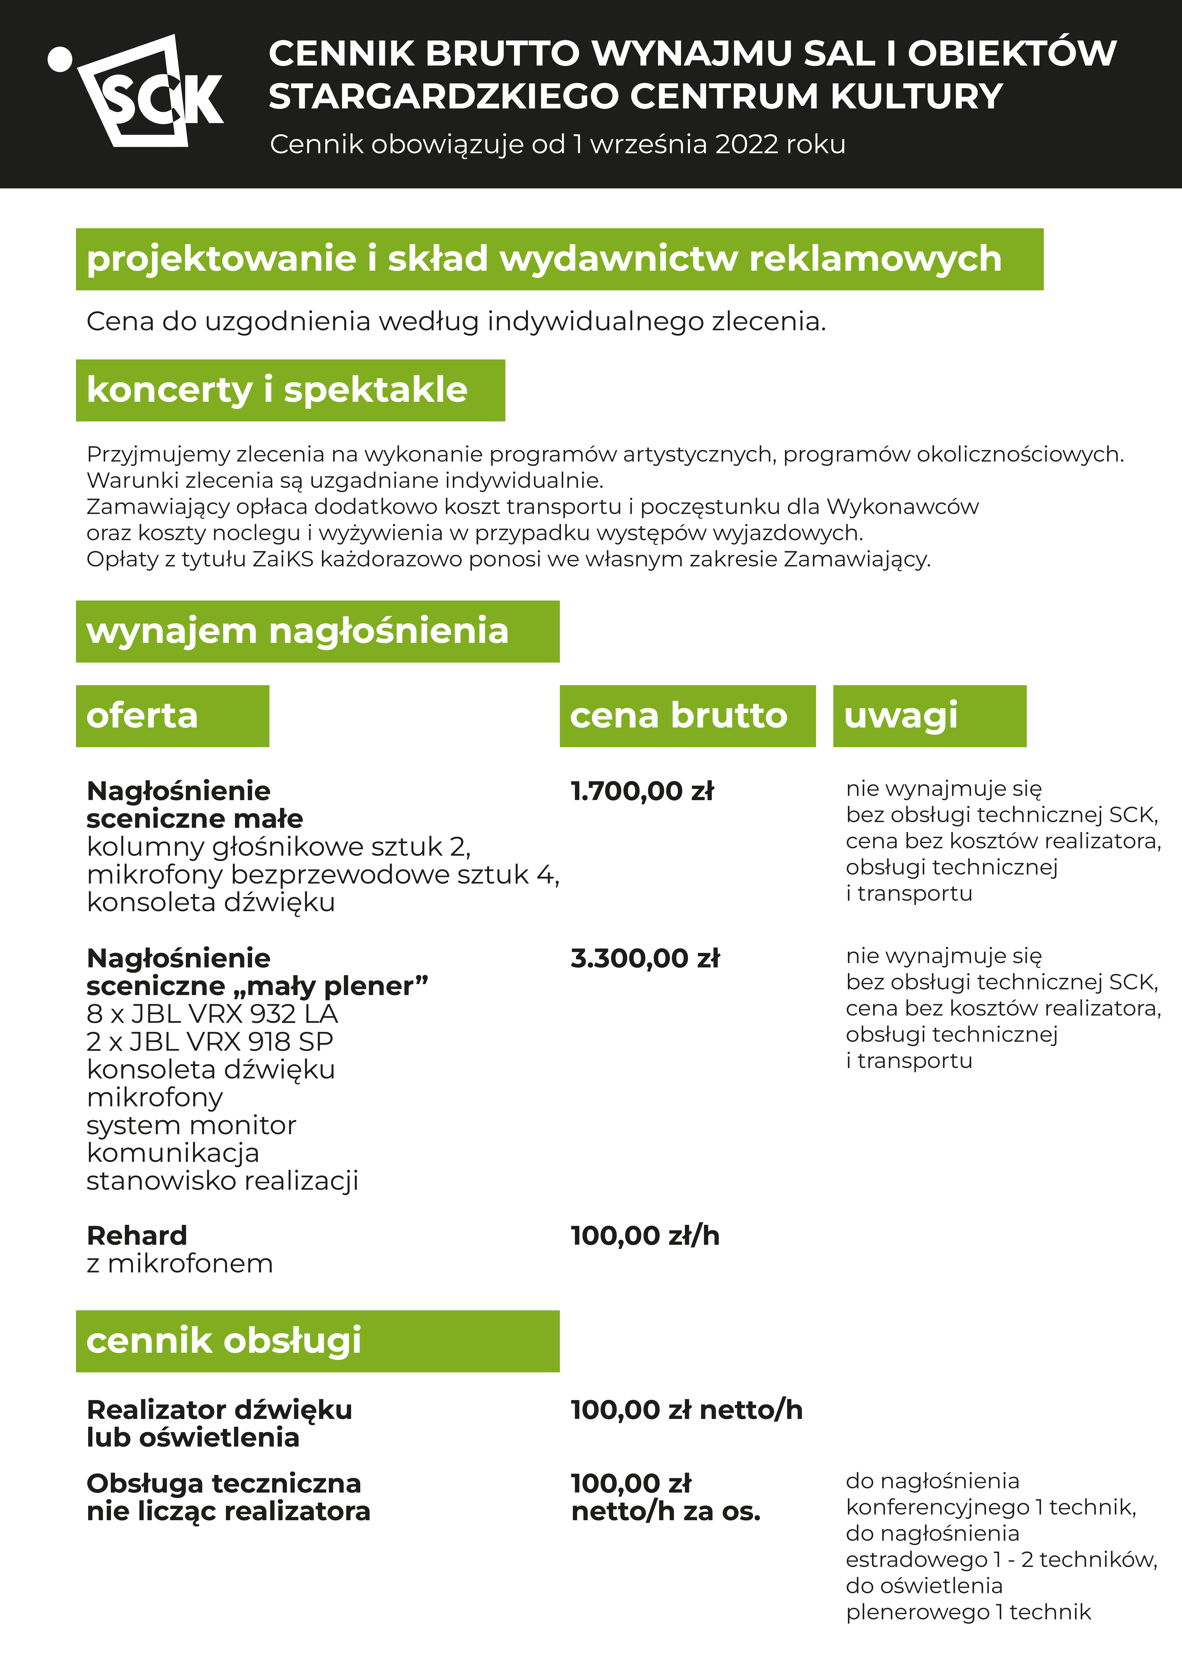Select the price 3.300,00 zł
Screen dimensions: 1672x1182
tap(645, 958)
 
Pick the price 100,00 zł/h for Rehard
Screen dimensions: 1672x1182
tap(645, 1236)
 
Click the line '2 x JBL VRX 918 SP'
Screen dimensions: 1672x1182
tap(210, 1041)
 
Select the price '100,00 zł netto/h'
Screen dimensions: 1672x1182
tap(686, 1410)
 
